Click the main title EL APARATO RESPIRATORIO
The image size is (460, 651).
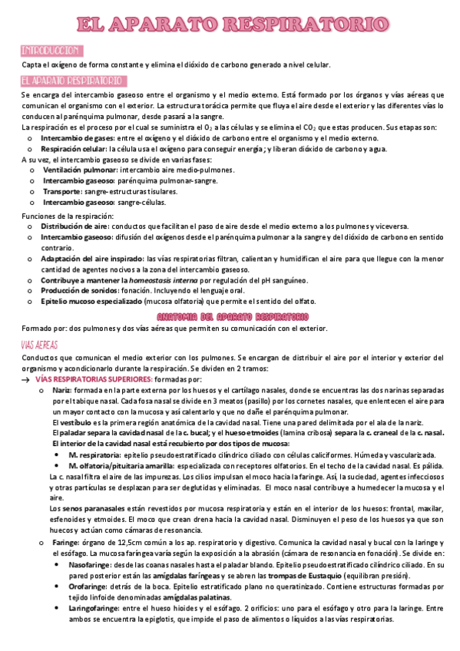[x=230, y=25]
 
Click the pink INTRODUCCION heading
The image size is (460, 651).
[x=51, y=51]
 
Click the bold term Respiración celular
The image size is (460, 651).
[x=74, y=149]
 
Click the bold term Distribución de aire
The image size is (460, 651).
[x=74, y=227]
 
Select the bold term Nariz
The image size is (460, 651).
[x=61, y=391]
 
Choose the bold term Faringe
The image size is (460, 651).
[x=65, y=541]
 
